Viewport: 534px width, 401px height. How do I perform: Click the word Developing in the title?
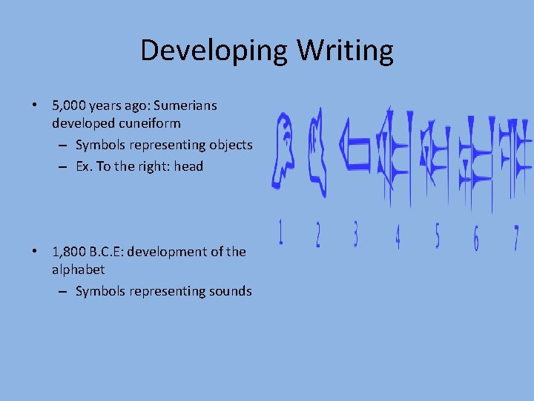(x=215, y=50)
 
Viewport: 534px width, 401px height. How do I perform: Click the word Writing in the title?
(x=346, y=50)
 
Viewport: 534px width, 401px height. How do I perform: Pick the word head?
(x=188, y=166)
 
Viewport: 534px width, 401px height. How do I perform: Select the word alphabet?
(x=78, y=270)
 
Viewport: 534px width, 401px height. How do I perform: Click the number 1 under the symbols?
(x=281, y=234)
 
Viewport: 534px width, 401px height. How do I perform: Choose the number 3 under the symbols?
(x=355, y=235)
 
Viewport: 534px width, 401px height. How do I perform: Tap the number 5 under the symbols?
(x=436, y=236)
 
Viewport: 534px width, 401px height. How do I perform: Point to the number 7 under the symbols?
(x=515, y=238)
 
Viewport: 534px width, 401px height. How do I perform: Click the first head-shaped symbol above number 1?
(x=283, y=152)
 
